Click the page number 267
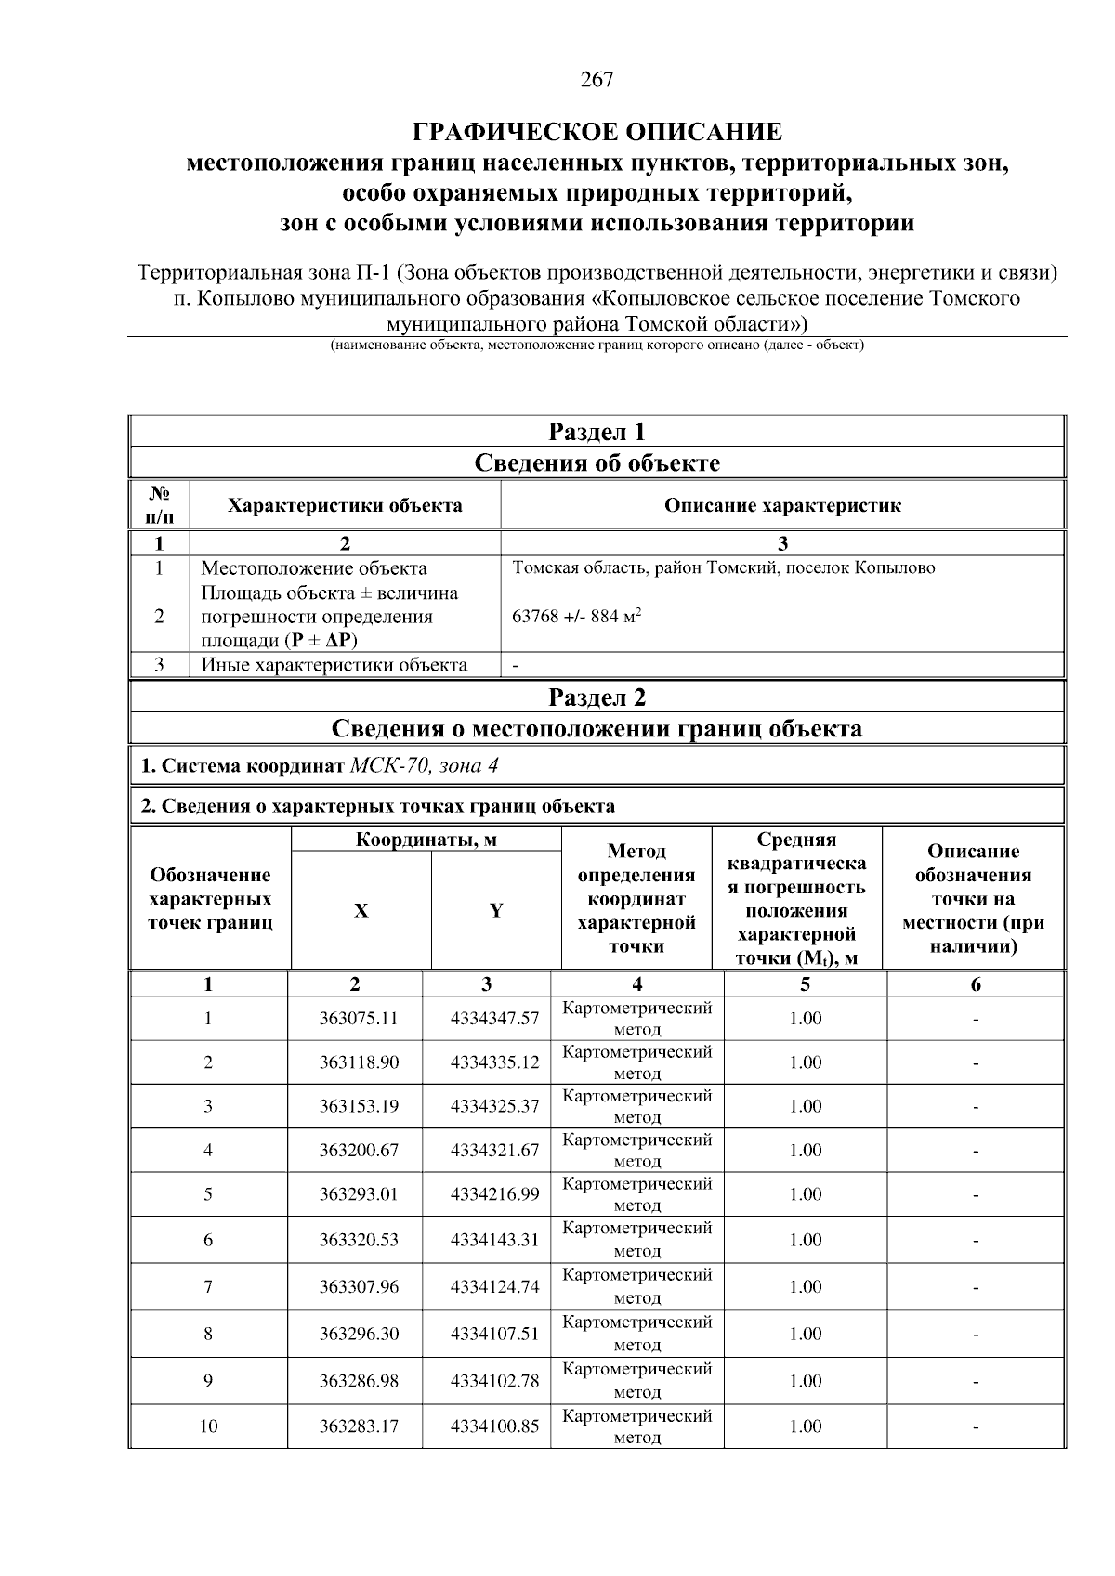597,80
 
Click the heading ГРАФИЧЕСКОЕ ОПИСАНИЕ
597,131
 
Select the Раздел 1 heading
597,432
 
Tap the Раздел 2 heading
597,697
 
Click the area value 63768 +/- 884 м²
577,617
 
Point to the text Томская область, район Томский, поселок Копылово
724,567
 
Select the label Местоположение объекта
314,568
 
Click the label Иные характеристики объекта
334,665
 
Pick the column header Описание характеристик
782,506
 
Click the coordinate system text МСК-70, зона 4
428,766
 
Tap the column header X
361,911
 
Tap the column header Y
496,911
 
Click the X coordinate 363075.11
359,1019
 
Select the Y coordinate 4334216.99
494,1194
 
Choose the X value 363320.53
359,1241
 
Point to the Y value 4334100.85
494,1426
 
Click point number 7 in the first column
208,1287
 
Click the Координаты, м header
426,840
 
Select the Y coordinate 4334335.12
494,1062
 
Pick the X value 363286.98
359,1381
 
